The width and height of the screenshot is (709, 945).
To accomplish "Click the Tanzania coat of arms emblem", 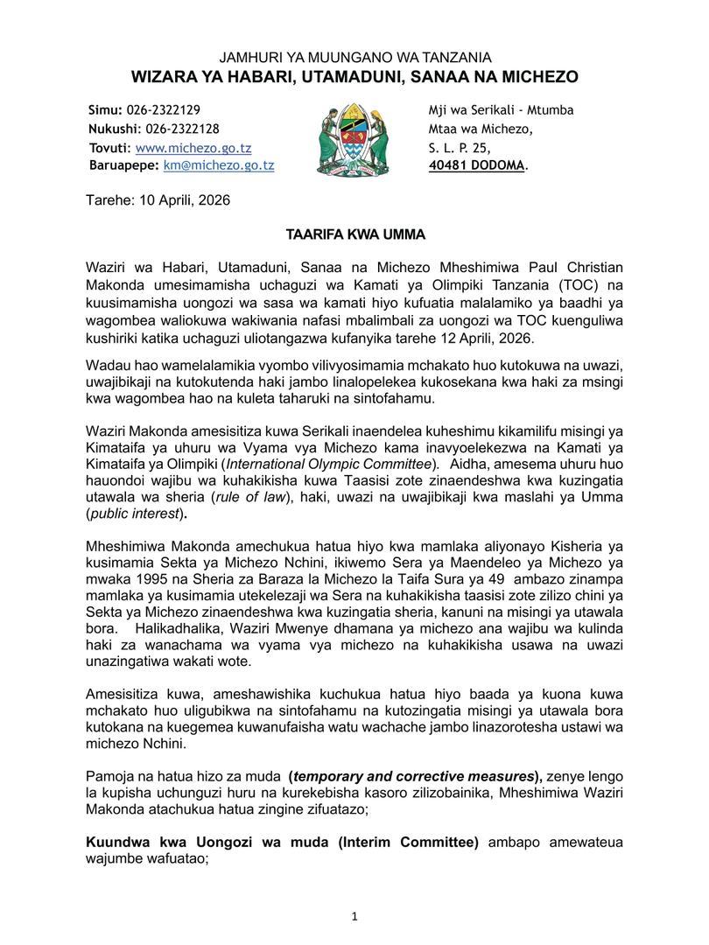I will (x=354, y=138).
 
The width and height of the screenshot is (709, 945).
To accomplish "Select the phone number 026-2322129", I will (x=167, y=110).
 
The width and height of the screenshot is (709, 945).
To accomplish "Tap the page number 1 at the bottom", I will (x=354, y=916).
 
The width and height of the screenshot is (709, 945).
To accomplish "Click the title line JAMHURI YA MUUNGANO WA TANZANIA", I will (x=354, y=58).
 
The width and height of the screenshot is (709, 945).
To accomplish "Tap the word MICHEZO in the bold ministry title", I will (x=537, y=77).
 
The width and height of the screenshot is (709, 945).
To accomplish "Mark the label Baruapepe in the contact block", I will (x=123, y=164).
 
